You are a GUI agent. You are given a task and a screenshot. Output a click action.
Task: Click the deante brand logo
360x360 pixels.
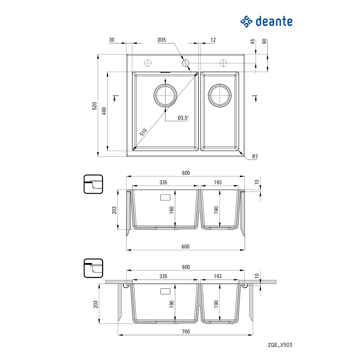266,22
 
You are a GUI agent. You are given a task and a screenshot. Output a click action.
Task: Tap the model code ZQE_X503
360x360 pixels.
280,345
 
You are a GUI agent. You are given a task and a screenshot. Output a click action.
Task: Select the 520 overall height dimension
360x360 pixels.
94,106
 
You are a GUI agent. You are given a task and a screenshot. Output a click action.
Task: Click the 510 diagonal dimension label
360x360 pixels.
143,132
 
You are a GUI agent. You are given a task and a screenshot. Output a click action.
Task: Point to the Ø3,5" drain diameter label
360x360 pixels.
183,118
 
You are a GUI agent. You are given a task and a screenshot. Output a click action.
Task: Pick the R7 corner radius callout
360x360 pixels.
255,157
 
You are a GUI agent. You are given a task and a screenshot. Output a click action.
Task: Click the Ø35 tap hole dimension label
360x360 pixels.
162,40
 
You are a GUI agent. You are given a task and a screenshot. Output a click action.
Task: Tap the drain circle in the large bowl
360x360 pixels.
165,95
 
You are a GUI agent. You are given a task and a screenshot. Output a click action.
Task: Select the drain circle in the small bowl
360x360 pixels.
220,95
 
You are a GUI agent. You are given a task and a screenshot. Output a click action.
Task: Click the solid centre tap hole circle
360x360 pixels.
185,63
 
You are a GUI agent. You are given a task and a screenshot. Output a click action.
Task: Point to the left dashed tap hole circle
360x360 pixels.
148,63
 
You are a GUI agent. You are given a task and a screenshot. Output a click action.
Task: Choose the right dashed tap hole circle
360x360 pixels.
223,63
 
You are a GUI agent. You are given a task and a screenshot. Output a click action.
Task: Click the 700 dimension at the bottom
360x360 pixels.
186,331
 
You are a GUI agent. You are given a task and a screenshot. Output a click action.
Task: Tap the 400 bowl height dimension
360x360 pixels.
104,111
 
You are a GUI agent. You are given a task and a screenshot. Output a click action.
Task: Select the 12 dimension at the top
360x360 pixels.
213,40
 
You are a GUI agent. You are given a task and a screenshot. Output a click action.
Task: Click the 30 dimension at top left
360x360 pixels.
112,40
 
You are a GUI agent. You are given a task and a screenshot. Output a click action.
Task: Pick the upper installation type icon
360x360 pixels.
93,184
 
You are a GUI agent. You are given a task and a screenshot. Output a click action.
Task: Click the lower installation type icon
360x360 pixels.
93,268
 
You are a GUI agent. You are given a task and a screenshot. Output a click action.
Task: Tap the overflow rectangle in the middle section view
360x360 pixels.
165,197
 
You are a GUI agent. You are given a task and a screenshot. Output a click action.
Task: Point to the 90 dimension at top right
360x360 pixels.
264,41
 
